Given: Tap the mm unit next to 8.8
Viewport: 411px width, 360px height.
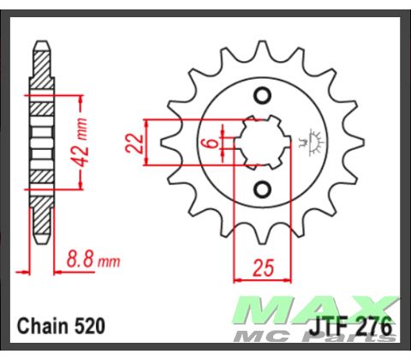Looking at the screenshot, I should coord(109,259).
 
